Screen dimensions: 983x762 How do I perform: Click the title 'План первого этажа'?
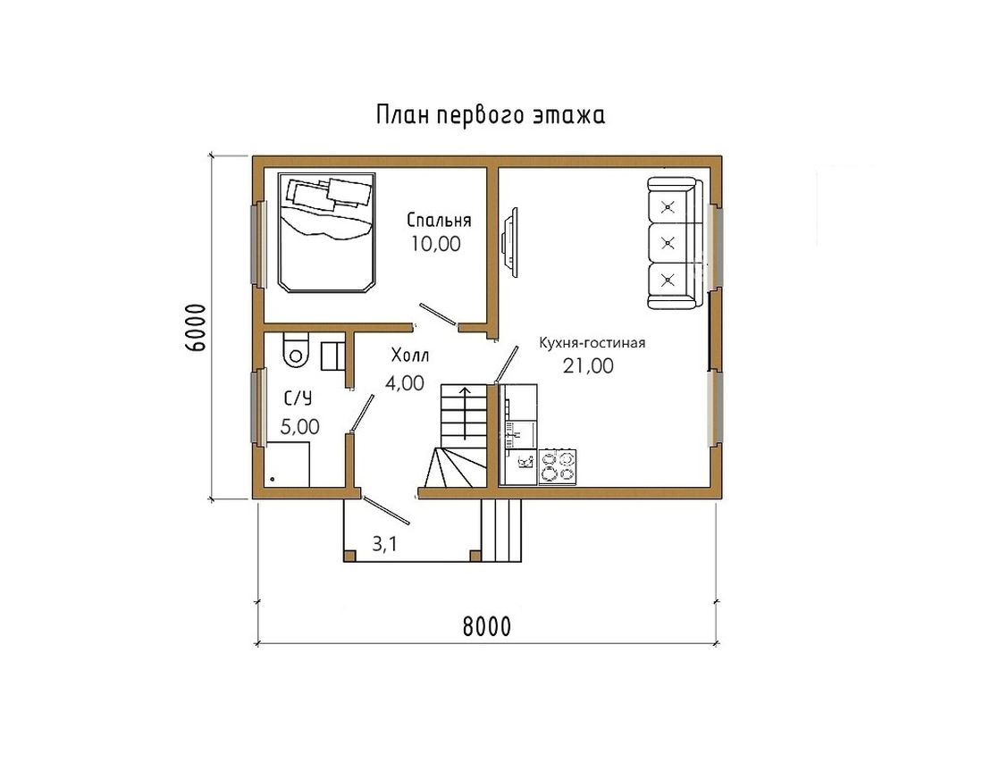pos(491,115)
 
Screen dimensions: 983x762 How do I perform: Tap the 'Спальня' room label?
pos(439,220)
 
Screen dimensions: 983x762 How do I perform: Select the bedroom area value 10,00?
pos(436,244)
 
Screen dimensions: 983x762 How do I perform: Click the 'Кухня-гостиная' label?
pos(592,343)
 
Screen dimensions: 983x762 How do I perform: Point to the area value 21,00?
pos(588,365)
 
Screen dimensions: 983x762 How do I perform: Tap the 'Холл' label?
pos(410,356)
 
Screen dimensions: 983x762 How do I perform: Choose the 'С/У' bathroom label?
pos(298,398)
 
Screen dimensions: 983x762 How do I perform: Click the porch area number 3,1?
pos(384,544)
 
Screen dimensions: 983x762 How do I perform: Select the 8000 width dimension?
pos(487,626)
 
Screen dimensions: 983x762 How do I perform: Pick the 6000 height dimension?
pos(196,327)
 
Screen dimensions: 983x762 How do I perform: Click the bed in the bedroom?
pos(326,232)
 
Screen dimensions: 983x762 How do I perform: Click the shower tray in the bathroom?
pos(287,464)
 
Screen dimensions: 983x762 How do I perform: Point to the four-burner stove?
pos(558,467)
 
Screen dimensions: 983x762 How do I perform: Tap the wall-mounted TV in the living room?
pos(511,242)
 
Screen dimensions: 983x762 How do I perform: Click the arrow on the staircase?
pos(465,413)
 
